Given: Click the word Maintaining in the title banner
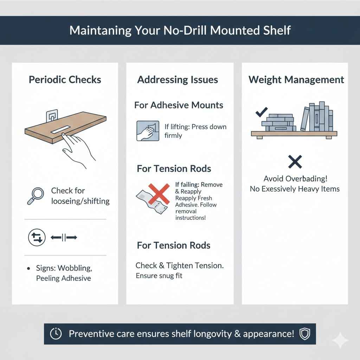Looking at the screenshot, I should [x=100, y=30].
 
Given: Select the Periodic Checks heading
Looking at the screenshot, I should [x=65, y=79].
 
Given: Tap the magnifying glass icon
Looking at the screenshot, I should [x=35, y=196].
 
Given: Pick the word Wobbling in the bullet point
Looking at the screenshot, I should [x=75, y=268].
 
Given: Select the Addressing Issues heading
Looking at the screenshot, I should [x=178, y=79].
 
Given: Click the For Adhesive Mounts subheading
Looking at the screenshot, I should [x=179, y=105].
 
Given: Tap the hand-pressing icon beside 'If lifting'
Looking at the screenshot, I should [x=145, y=131].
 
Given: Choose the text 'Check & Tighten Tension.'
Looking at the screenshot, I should [x=180, y=266].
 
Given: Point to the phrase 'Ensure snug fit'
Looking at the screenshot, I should [x=159, y=276].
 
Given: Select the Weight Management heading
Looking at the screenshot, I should [x=296, y=79].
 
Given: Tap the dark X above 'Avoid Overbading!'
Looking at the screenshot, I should [x=295, y=162].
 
